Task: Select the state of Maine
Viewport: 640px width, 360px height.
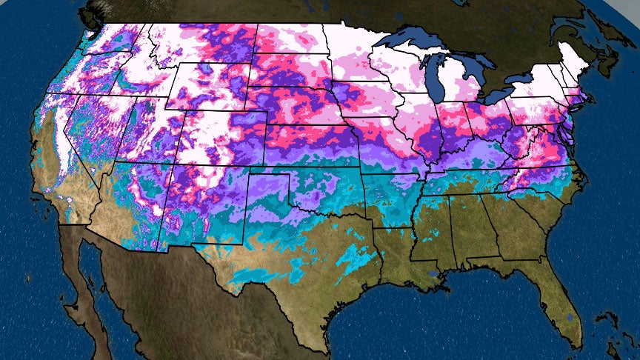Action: point(578,56)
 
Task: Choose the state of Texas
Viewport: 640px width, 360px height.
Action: point(296,244)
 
